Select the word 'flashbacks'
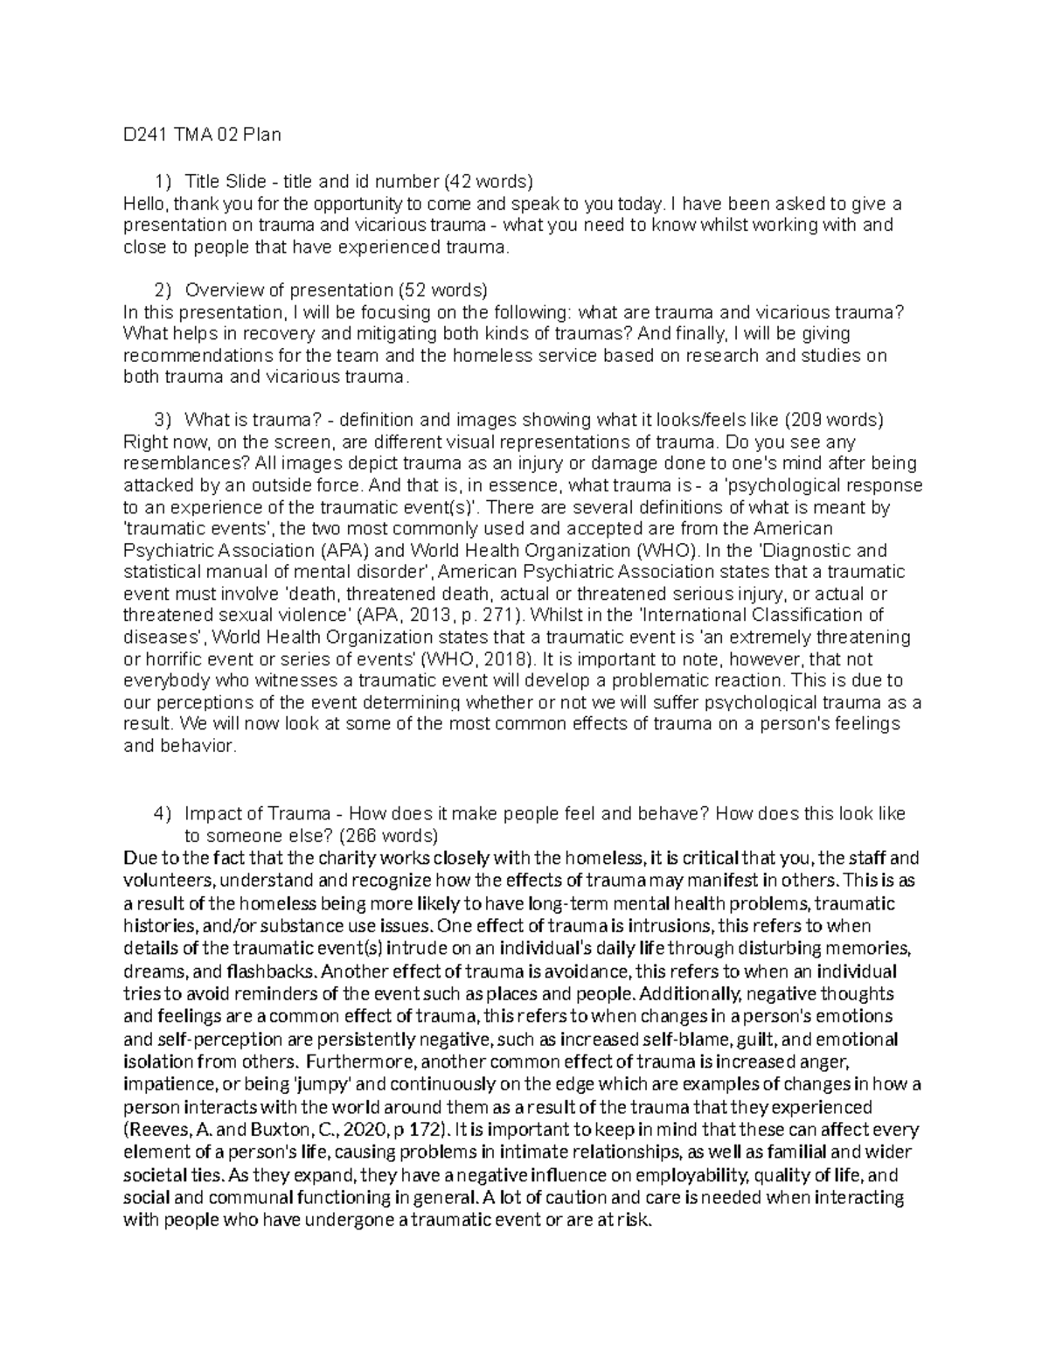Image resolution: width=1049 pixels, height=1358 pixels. (x=270, y=971)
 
